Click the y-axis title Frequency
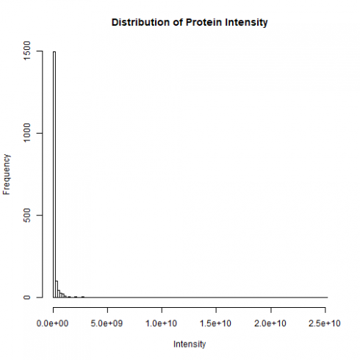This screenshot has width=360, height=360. click(x=7, y=174)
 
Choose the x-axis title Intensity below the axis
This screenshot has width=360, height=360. click(x=190, y=344)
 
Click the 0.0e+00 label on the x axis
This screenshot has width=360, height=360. click(x=54, y=323)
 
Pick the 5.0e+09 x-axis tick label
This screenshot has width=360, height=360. click(x=108, y=323)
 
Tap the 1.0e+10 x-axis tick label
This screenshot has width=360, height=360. click(x=162, y=323)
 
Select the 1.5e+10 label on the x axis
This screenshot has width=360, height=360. click(x=217, y=323)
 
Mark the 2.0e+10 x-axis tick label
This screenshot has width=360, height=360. click(x=271, y=323)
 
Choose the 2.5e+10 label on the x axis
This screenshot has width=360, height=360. click(x=325, y=323)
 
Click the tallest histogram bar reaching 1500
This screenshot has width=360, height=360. click(x=54, y=176)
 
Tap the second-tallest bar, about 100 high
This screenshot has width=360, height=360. click(x=57, y=289)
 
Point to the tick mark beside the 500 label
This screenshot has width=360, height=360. click(x=40, y=215)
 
